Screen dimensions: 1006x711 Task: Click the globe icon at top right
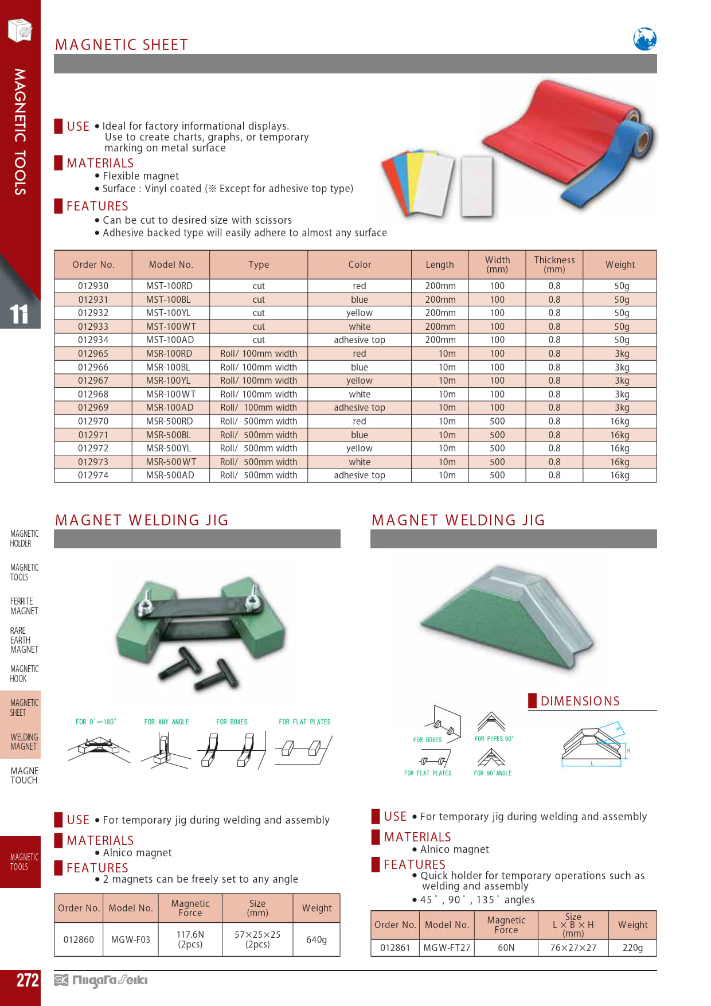[644, 39]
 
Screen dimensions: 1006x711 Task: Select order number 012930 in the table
[93, 286]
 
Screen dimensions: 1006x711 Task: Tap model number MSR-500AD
[170, 475]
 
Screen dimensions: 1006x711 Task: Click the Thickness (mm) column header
[554, 264]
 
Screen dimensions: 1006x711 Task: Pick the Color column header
[360, 264]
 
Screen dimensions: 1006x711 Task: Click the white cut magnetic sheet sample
[476, 186]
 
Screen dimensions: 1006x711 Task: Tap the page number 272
[27, 980]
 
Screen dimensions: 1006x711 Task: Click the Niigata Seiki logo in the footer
[101, 980]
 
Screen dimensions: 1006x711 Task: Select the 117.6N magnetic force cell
[190, 939]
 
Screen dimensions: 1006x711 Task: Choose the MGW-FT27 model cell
[447, 947]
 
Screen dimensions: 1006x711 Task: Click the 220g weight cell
[632, 947]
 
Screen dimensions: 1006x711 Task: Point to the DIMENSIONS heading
[580, 701]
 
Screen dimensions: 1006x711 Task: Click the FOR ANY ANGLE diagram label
[166, 722]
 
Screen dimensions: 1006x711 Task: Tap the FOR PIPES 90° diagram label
[494, 739]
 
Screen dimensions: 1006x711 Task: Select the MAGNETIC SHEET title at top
[122, 45]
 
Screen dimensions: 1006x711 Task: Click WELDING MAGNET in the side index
[24, 742]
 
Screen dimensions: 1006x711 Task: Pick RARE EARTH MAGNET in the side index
[24, 640]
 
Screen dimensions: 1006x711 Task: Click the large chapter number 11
[18, 314]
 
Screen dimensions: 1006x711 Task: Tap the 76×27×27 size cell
[573, 947]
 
